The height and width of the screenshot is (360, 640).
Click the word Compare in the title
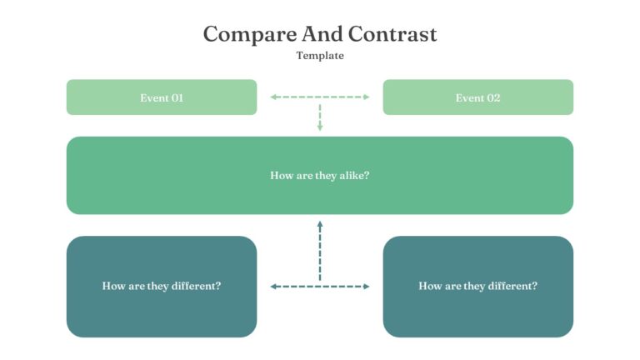pos(250,35)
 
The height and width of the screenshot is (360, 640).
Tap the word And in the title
pos(322,33)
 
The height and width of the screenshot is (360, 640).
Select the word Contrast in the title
pos(392,33)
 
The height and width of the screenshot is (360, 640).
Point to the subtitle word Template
pos(320,56)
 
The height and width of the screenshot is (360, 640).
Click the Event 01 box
pos(162,97)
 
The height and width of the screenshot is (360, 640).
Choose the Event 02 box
pos(478,97)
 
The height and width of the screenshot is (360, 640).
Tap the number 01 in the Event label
pos(177,98)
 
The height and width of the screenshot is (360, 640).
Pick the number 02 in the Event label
pos(493,98)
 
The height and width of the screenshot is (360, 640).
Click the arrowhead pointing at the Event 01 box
pos(273,97)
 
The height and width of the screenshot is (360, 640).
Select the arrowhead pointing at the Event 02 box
pos(366,97)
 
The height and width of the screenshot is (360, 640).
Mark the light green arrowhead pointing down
pos(320,127)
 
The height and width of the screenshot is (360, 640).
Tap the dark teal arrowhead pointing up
pos(320,224)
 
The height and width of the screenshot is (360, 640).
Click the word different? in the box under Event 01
pos(196,286)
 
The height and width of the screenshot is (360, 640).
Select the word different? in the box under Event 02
pos(512,286)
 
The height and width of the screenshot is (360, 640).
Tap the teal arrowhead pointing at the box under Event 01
pos(273,287)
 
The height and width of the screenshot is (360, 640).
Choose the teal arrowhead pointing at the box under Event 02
pos(366,287)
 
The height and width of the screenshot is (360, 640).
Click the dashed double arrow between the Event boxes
pos(320,97)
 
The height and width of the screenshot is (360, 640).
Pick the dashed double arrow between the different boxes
pos(320,287)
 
